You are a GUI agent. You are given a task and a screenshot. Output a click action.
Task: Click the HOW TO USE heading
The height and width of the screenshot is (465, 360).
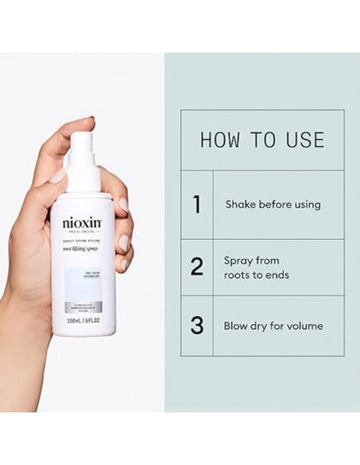click(262, 140)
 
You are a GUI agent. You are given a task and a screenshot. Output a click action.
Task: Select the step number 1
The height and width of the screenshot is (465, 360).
click(197, 204)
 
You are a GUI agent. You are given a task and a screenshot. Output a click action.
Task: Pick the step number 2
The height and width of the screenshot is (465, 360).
click(197, 266)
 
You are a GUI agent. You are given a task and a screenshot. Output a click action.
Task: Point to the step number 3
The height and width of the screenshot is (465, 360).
click(197, 326)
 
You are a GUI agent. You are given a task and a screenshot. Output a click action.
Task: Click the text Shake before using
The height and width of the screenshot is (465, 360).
click(273, 205)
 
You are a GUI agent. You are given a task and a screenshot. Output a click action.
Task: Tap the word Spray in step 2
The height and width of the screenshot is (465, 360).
click(239, 259)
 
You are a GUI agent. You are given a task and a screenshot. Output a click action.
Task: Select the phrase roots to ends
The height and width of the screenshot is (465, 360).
click(257, 274)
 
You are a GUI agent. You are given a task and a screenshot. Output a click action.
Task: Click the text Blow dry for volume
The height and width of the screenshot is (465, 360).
click(273, 326)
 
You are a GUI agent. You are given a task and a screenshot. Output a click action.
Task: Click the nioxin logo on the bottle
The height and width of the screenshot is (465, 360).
click(82, 223)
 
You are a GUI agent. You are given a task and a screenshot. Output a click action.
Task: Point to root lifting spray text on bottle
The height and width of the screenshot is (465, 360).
click(82, 248)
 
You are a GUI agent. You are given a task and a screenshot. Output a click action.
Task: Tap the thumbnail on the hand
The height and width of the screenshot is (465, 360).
click(60, 176)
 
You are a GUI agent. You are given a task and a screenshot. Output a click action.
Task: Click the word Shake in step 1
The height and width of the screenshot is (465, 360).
click(240, 205)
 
